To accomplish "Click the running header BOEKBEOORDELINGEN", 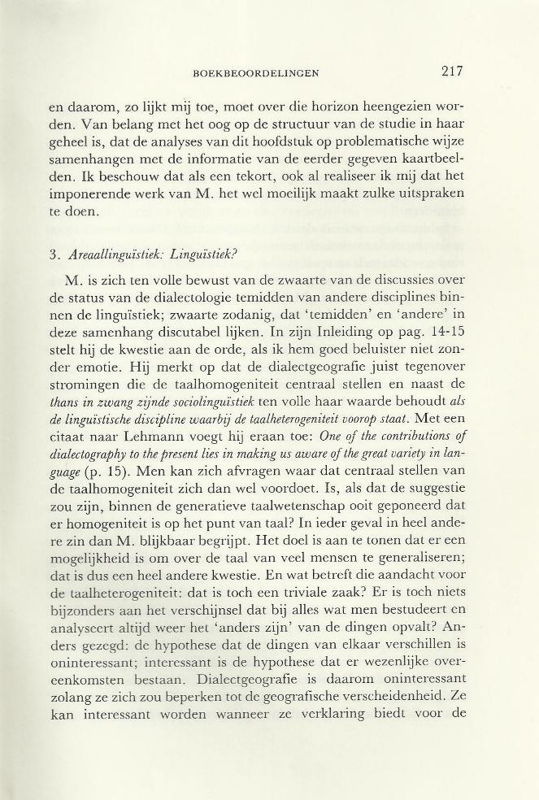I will [x=256, y=73].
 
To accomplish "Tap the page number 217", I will [x=453, y=71].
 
